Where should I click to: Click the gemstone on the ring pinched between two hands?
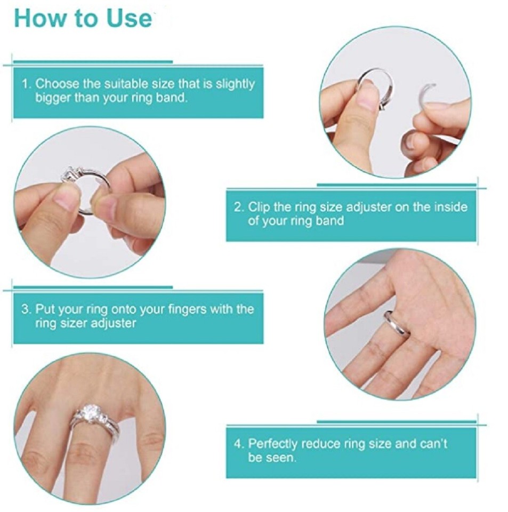(x=70, y=174)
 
